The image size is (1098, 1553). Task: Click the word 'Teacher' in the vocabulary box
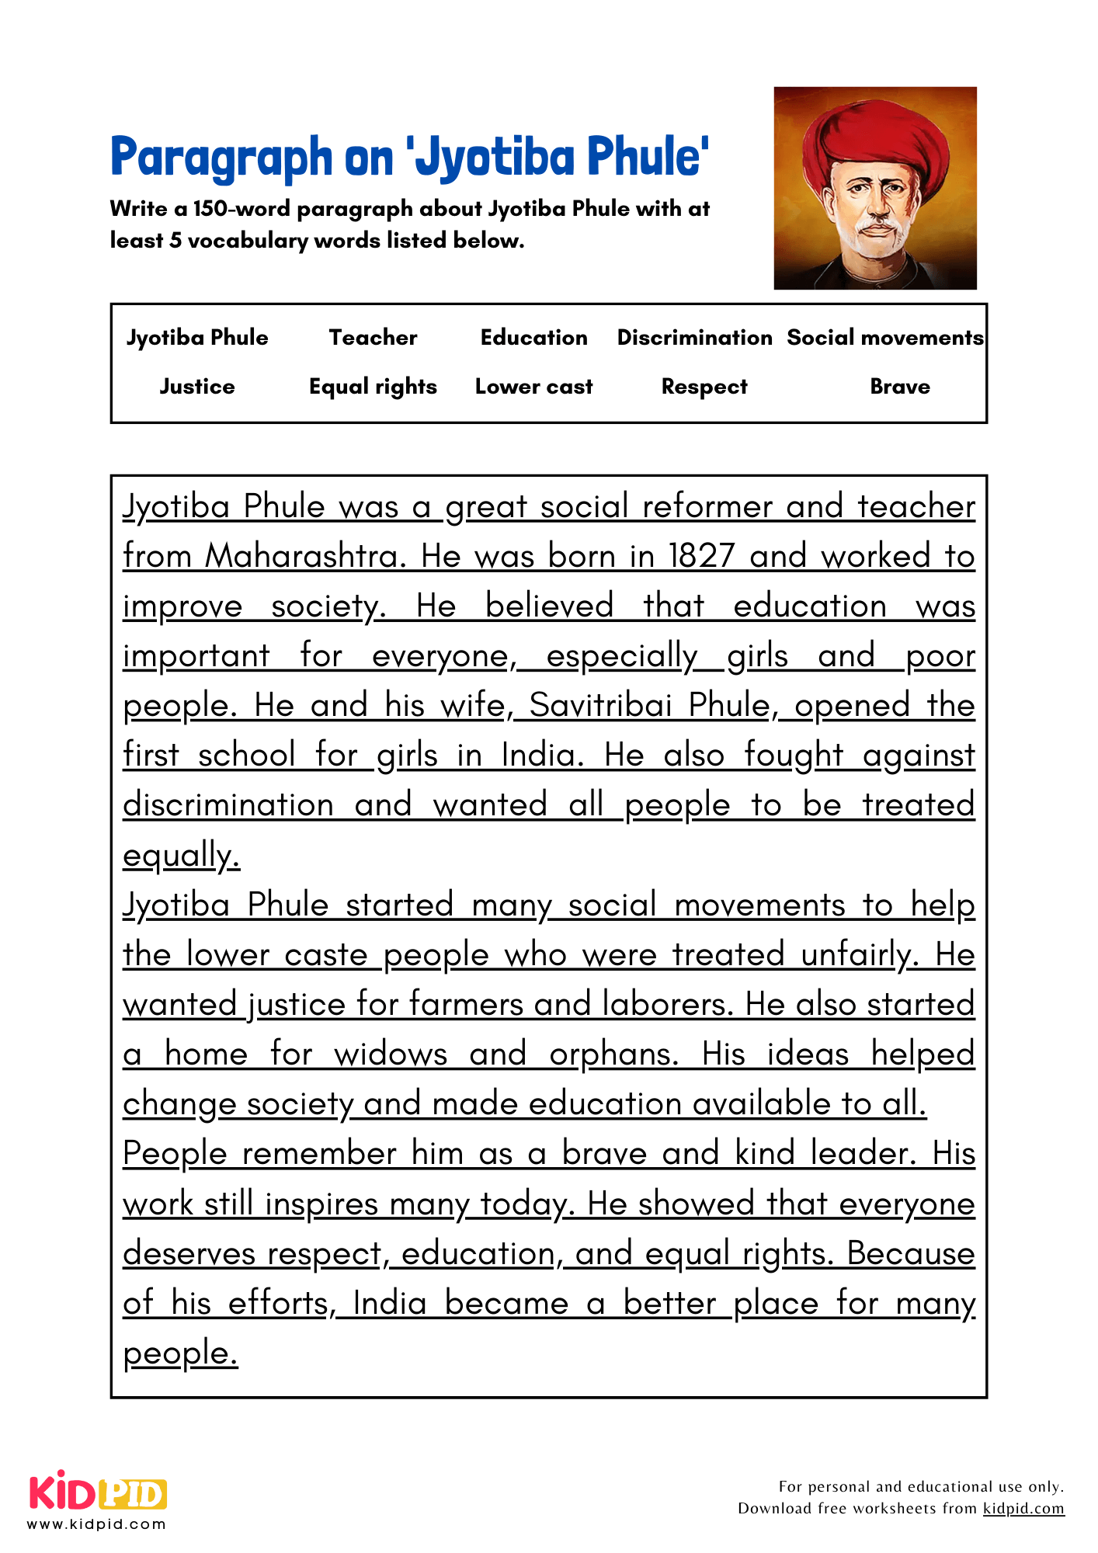373,338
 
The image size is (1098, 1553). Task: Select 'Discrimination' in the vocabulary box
694,338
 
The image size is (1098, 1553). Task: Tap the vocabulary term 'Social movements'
884,338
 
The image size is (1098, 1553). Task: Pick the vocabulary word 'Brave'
899,387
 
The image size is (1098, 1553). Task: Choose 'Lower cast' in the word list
533,387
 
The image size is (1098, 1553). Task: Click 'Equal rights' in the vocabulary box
373,387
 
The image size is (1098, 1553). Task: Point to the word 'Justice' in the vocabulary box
197,387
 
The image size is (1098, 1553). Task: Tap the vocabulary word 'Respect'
704,387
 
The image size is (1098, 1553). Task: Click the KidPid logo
98,1492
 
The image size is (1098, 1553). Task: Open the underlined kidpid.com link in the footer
1023,1509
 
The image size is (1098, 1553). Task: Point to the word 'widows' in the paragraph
391,1054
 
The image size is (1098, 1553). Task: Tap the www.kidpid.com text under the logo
96,1524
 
